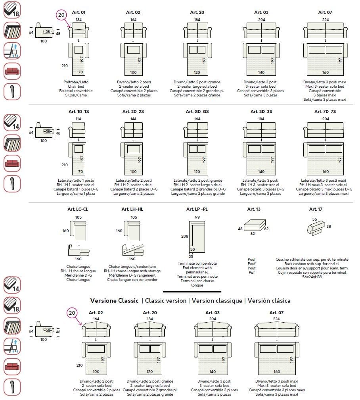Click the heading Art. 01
click(79, 12)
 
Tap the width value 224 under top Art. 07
click(325, 19)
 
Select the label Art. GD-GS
click(197, 112)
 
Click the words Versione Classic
click(114, 300)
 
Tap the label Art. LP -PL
click(197, 209)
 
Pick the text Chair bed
click(79, 86)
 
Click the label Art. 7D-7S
click(325, 112)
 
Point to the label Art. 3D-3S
click(261, 112)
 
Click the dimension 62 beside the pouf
click(266, 229)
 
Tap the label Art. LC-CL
click(78, 209)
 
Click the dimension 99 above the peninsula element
click(197, 217)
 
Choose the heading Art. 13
click(254, 209)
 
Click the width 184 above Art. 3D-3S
click(261, 119)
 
